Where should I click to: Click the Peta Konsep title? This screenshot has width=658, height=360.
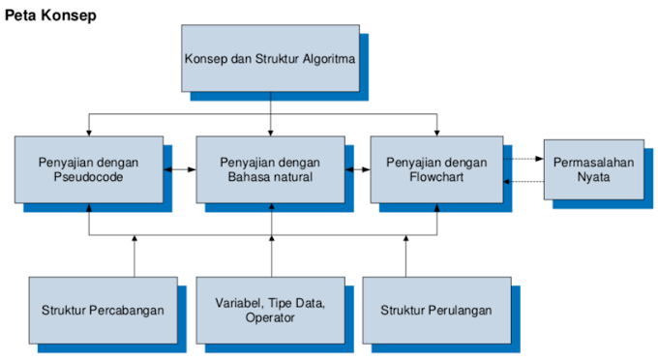50,16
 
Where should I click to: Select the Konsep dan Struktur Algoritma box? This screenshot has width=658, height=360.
270,58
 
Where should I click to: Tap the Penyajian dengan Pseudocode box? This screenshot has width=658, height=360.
89,169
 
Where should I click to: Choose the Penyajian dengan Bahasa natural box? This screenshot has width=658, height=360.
270,169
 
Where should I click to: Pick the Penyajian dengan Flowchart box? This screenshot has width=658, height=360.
435,169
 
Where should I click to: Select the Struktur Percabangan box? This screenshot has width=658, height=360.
103,310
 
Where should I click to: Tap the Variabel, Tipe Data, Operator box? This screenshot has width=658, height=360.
270,310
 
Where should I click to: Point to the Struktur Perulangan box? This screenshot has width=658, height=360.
435,310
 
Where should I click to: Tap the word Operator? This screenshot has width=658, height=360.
270,318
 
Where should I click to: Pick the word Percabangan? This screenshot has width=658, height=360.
126,311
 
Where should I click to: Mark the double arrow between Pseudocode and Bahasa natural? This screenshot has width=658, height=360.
180,169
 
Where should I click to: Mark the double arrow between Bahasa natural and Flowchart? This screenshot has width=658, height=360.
359,169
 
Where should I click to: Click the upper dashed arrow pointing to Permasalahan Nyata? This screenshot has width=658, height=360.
523,159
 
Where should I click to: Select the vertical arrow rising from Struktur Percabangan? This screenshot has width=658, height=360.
135,256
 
